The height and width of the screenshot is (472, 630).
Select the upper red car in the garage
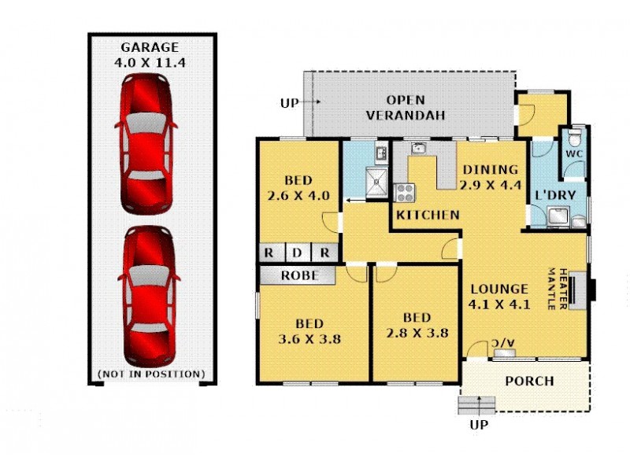(146, 142)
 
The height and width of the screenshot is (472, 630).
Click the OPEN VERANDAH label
(406, 108)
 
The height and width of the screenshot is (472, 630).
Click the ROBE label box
(299, 275)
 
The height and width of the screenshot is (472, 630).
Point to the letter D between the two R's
(296, 253)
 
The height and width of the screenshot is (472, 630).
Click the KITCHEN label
(428, 215)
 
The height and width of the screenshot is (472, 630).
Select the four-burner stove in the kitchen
(404, 193)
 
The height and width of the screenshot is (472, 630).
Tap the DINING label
(490, 169)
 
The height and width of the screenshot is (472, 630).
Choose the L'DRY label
(555, 194)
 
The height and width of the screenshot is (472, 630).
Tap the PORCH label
(529, 382)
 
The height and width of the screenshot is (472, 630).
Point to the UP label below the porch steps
(479, 425)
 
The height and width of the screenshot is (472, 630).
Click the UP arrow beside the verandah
(309, 102)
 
